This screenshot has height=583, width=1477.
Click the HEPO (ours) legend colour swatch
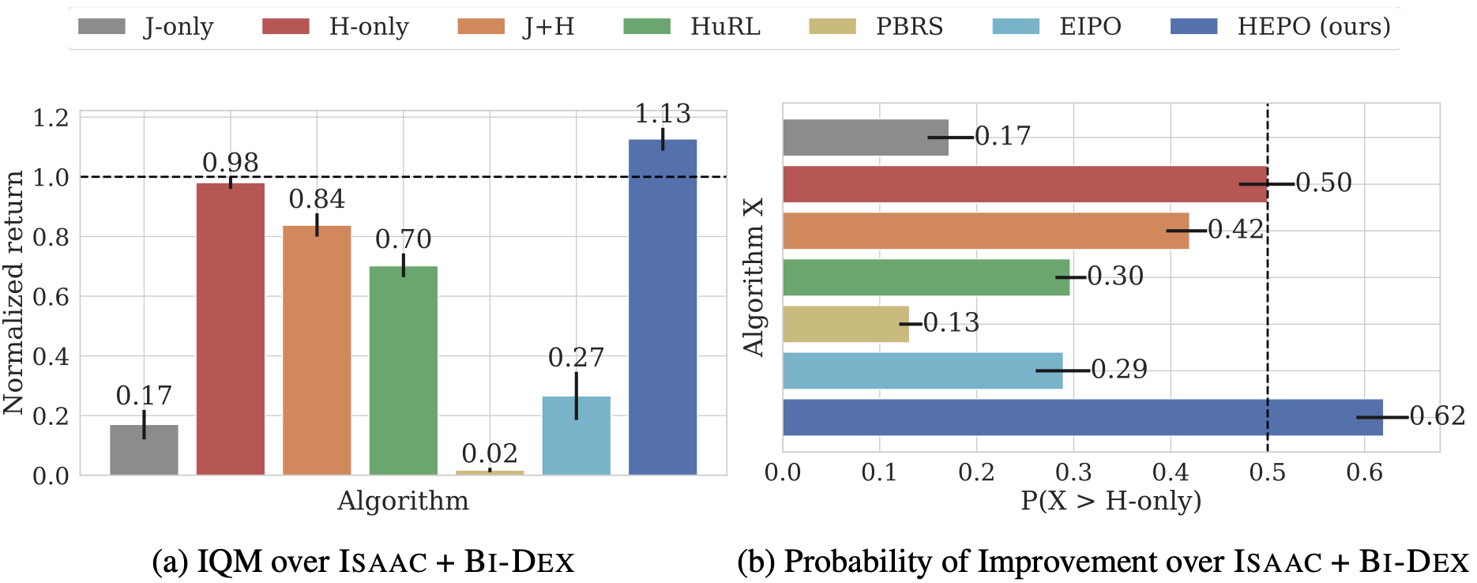1193,27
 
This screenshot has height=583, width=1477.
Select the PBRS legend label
909,27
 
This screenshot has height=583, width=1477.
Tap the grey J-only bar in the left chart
144,450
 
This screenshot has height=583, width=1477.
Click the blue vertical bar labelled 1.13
663,308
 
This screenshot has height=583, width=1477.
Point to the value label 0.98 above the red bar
231,163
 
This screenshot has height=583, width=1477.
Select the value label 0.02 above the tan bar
490,453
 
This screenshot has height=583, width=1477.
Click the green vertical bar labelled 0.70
403,371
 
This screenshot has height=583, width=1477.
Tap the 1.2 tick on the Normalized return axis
51,118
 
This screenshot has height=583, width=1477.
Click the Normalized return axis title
14,292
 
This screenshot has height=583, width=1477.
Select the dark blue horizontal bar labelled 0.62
1082,417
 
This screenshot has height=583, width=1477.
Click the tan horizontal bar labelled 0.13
845,324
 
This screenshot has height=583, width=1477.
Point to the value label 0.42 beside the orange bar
1236,230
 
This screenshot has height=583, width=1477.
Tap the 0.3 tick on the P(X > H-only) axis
1073,472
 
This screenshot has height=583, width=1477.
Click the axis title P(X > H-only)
1111,500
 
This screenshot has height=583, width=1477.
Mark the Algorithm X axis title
754,276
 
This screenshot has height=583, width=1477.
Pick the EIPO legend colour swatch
1016,27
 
